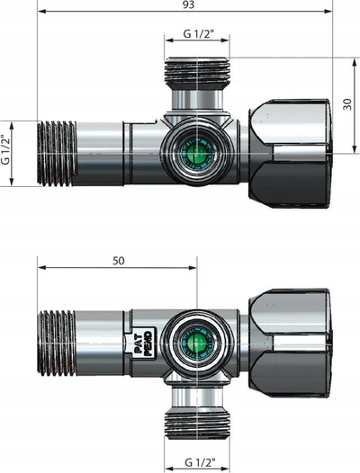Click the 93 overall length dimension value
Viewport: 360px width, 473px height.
188,4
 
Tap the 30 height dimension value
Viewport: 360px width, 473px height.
347,104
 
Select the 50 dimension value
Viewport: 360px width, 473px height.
119,261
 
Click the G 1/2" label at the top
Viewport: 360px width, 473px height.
198,34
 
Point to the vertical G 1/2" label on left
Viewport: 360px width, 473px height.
5,149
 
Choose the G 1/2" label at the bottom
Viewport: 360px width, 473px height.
200,462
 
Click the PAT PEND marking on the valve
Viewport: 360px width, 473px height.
143,344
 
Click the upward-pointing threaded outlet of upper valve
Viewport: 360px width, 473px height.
197,71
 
